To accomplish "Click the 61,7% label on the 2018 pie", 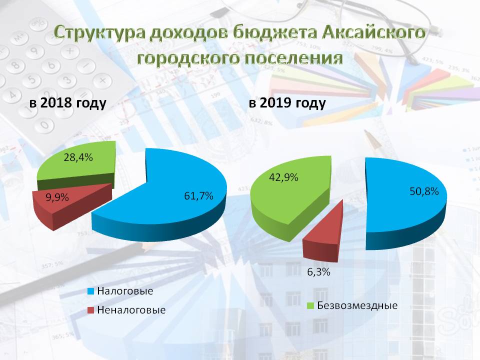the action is click(198, 196).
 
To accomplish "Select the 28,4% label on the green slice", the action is click(78, 157).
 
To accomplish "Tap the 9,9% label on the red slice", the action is click(57, 197).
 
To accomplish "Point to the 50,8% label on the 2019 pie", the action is click(424, 191).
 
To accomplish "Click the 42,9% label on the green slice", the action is click(283, 177).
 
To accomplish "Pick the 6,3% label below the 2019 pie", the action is click(318, 272).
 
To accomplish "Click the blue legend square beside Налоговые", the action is click(90, 291).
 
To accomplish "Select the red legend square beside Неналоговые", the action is click(90, 310).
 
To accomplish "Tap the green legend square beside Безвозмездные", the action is click(310, 305).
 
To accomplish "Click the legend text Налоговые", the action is click(125, 291).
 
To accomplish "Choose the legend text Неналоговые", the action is click(131, 310).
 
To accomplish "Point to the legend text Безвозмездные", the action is click(357, 305).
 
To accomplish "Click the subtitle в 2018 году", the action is click(67, 103).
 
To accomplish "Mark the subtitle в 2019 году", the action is click(287, 103).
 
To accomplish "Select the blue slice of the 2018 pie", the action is click(171, 202).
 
